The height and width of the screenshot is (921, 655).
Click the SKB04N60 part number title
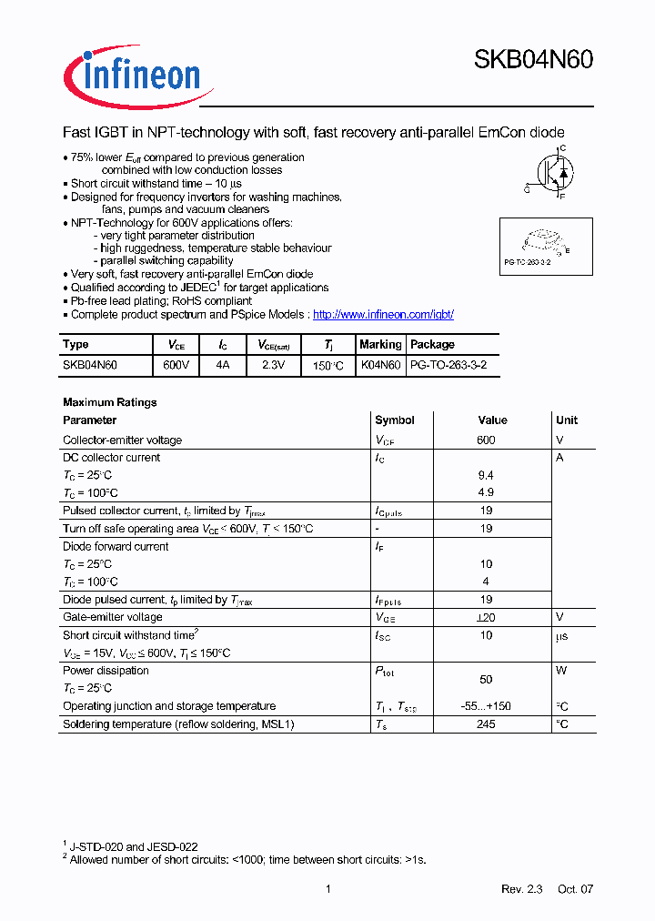[533, 60]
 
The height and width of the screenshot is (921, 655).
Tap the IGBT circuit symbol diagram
[551, 172]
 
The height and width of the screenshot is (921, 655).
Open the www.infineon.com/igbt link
[383, 314]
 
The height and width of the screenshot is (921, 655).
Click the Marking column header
[380, 345]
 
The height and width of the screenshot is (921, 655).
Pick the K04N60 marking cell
[380, 365]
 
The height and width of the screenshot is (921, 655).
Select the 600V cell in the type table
[176, 365]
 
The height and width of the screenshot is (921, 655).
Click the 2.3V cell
[272, 365]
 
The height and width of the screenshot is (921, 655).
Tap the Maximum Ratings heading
[109, 402]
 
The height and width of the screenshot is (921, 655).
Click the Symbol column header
[395, 420]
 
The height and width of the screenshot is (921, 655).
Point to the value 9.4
[486, 476]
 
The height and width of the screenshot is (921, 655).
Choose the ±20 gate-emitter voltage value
[486, 618]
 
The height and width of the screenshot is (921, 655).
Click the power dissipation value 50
[486, 680]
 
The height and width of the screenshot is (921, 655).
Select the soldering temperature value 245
[486, 724]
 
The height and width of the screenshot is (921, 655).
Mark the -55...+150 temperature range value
[486, 706]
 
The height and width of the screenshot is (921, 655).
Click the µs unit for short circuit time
[561, 636]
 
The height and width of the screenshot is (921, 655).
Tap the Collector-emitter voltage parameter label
[122, 440]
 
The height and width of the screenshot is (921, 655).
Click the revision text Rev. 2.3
[521, 889]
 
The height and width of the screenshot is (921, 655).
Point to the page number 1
[327, 889]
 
